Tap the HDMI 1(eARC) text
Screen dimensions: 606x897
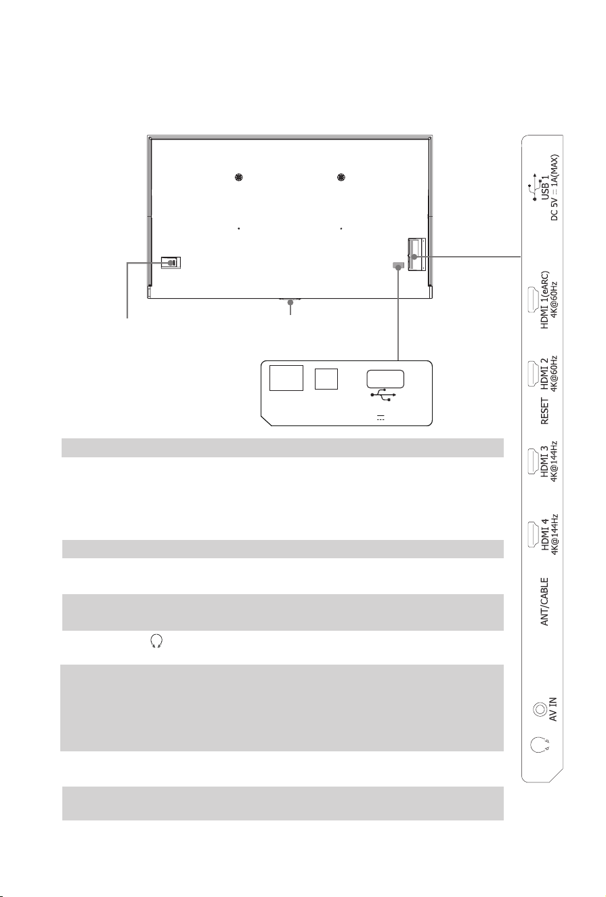tap(545, 300)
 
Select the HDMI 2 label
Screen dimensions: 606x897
tap(545, 373)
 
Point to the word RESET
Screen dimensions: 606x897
tap(545, 411)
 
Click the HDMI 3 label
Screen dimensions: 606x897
tap(545, 461)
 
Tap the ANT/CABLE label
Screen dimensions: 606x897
tap(545, 602)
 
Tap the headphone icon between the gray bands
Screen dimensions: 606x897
tap(156, 641)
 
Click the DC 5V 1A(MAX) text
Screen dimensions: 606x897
tap(555, 188)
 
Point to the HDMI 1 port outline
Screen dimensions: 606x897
tap(533, 300)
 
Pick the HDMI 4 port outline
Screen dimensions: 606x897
tap(533, 535)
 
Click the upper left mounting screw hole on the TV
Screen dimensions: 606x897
tap(239, 178)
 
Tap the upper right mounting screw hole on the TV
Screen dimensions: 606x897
tap(341, 178)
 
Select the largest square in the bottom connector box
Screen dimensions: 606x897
tap(286, 377)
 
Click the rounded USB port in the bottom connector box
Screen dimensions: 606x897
tap(385, 379)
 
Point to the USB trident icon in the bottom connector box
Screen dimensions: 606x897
tap(383, 395)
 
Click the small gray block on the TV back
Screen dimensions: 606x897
tap(399, 266)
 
